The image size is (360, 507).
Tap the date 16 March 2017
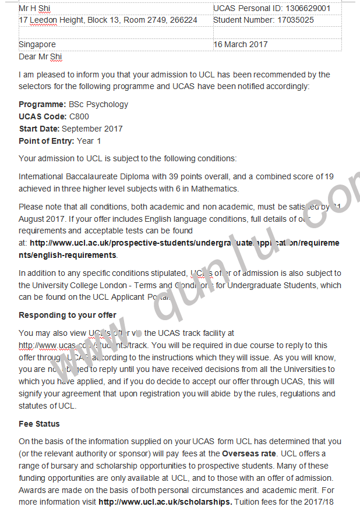tap(241, 44)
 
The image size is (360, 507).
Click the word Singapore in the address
tap(37, 44)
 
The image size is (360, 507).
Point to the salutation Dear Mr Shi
tap(40, 56)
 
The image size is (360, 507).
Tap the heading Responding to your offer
tap(68, 315)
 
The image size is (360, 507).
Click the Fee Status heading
tap(39, 424)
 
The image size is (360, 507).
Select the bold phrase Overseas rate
tap(249, 453)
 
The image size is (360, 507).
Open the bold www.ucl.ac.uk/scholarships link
tap(165, 502)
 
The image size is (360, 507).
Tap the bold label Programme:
tap(43, 104)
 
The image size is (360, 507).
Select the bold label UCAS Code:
tap(43, 116)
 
